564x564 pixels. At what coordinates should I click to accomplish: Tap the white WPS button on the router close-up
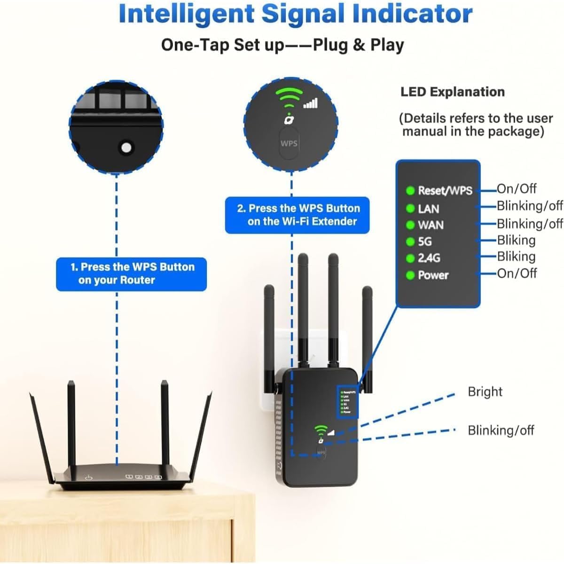(x=125, y=148)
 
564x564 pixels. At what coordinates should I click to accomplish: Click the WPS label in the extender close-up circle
(x=289, y=143)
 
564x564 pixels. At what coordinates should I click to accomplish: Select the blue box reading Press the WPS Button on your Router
(x=131, y=274)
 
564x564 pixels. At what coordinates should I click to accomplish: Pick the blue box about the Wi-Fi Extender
(x=298, y=215)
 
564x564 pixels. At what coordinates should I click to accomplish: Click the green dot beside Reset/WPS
(x=410, y=190)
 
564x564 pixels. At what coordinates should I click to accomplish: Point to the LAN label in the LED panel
(x=428, y=209)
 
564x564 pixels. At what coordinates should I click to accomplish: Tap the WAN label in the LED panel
(x=431, y=225)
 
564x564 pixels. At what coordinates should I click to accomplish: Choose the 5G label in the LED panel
(x=425, y=242)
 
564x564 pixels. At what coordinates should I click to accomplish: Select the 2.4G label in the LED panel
(x=429, y=258)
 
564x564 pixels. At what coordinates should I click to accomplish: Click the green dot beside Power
(x=410, y=275)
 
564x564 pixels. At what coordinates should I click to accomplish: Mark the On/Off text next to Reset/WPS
(x=517, y=189)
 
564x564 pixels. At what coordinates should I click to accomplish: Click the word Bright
(x=485, y=392)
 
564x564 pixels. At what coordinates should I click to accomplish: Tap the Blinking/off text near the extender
(x=501, y=430)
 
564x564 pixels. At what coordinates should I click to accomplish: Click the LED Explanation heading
(x=452, y=92)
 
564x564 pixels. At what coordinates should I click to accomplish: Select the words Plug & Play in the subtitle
(x=358, y=45)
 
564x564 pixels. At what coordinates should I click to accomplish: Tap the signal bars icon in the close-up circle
(x=311, y=103)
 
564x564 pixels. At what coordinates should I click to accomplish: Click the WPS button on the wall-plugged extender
(x=321, y=453)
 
